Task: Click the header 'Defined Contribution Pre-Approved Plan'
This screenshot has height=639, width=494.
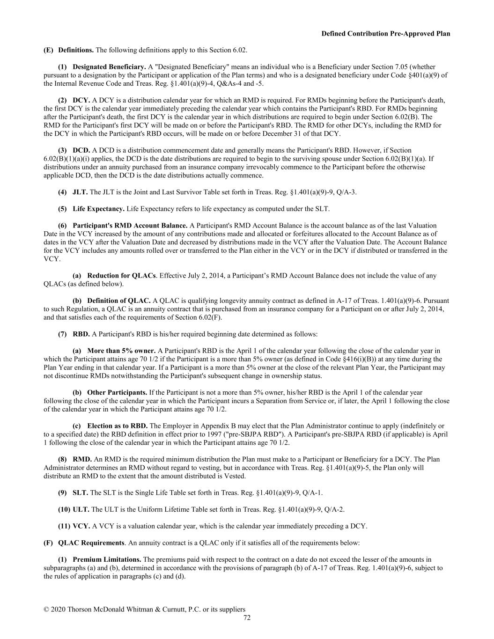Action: click(385, 34)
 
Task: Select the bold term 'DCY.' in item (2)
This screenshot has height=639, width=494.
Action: click(81, 100)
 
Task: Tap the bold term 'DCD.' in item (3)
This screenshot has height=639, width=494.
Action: click(81, 150)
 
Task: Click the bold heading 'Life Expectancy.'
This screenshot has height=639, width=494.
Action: click(98, 209)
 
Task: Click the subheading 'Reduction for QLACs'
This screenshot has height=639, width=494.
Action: click(121, 276)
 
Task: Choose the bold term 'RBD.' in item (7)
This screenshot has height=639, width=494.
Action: click(81, 334)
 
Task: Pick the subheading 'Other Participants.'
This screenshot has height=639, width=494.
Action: click(117, 393)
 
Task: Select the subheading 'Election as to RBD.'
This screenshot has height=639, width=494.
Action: click(117, 426)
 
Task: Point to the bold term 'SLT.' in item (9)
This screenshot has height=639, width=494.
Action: click(80, 492)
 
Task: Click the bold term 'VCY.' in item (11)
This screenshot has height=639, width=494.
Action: click(81, 526)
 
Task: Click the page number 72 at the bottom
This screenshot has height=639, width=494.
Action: click(247, 618)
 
